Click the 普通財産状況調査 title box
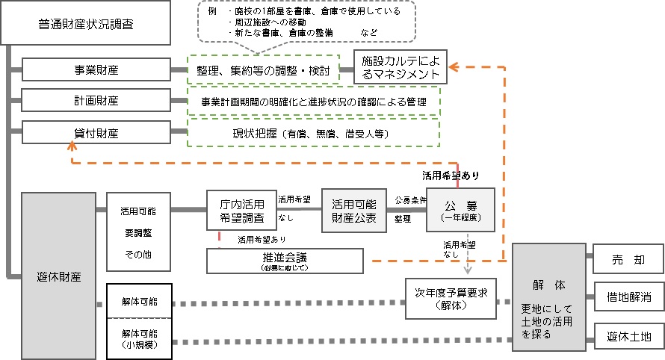point(76,25)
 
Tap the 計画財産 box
point(97,100)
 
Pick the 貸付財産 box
point(97,134)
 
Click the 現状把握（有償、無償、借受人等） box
point(313,134)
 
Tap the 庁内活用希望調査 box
point(241,211)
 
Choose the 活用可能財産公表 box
point(353,210)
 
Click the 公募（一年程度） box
point(460,210)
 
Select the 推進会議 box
point(285,261)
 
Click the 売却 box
point(628,259)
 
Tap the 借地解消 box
point(628,297)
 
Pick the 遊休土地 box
point(628,337)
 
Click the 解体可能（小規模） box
point(140,338)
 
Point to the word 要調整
point(139,233)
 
